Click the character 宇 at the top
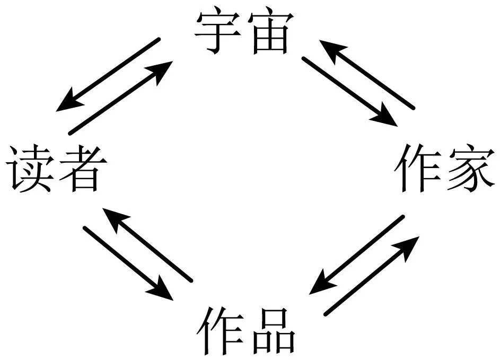tap(218, 32)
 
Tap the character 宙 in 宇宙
tap(270, 32)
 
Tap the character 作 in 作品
tap(221, 331)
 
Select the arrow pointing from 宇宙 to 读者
tap(108, 75)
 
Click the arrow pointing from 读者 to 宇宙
tap(121, 98)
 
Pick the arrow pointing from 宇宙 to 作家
tap(349, 92)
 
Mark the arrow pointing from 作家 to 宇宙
tap(367, 75)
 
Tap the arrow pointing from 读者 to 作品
tap(128, 264)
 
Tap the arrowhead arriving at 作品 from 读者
tap(161, 289)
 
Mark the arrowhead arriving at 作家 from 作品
tap(407, 249)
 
